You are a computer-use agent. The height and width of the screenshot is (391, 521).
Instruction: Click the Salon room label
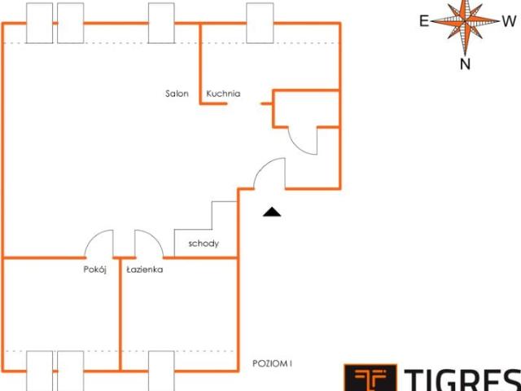coord(177,94)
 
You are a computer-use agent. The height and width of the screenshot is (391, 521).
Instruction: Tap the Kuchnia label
coord(223,94)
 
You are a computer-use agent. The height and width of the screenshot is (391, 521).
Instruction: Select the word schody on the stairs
coord(204,244)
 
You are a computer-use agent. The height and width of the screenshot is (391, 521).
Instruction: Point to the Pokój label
coord(94,270)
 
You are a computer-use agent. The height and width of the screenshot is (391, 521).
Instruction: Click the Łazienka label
coord(145,270)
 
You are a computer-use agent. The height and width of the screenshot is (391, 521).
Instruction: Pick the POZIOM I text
coord(272,364)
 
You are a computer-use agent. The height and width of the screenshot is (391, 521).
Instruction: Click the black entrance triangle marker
coord(272,212)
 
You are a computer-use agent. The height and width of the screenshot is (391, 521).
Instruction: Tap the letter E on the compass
coord(424,21)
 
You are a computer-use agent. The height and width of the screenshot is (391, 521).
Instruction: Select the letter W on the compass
coord(509,21)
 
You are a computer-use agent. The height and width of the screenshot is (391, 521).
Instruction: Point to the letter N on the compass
coord(465,64)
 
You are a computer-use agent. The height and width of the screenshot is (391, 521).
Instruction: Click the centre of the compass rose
coord(465,21)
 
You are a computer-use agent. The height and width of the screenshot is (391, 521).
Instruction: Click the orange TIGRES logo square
coord(370,378)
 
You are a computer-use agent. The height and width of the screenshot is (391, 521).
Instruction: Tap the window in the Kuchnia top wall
coord(260,23)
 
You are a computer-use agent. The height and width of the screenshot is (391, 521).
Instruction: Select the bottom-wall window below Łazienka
coord(161,371)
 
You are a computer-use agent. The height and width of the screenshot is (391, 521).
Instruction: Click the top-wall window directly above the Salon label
coord(161,23)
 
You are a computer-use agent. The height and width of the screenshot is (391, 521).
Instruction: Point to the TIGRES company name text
coord(462,380)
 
